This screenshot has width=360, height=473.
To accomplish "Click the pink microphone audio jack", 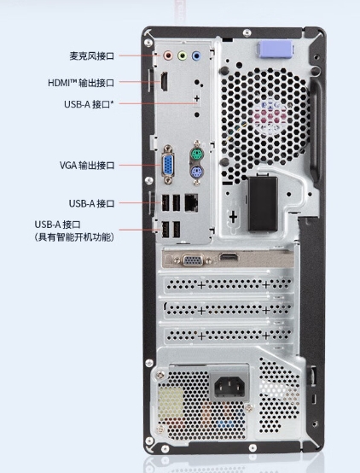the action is pyautogui.click(x=168, y=55).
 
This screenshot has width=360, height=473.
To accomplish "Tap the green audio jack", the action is pyautogui.click(x=182, y=55).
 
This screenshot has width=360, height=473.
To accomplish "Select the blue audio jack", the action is pyautogui.click(x=196, y=55).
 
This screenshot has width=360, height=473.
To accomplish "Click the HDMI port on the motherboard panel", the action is pyautogui.click(x=164, y=81).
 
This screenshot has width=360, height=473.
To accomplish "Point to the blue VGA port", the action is pyautogui.click(x=168, y=165).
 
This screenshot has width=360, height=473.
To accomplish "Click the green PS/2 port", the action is pyautogui.click(x=196, y=156).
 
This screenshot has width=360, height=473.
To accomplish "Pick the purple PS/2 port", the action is pyautogui.click(x=196, y=172).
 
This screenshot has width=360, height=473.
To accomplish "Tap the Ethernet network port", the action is pyautogui.click(x=191, y=202).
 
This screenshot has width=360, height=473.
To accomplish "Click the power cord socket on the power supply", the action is pyautogui.click(x=229, y=387).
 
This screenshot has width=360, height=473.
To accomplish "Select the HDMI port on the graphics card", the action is pyautogui.click(x=229, y=257).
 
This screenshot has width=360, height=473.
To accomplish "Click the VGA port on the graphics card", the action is pyautogui.click(x=194, y=260).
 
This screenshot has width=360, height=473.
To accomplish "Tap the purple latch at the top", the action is pyautogui.click(x=275, y=49).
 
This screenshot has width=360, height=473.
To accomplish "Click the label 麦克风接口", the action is pyautogui.click(x=92, y=55).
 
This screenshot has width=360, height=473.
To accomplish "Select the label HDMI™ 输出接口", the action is pyautogui.click(x=81, y=82).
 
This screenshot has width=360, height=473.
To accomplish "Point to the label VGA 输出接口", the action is pyautogui.click(x=87, y=166).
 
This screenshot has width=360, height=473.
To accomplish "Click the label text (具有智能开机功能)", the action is pyautogui.click(x=74, y=237).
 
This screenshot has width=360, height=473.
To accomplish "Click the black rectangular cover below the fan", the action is pyautogui.click(x=263, y=203).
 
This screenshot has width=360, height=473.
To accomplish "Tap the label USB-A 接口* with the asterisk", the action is pyautogui.click(x=90, y=104).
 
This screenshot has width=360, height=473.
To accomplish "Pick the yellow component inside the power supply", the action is pyautogui.click(x=171, y=399).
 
